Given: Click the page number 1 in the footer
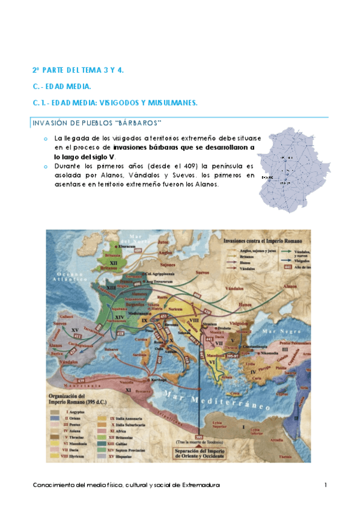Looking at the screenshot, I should (x=325, y=485).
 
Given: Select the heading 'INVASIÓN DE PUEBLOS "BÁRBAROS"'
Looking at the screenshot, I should (x=96, y=123).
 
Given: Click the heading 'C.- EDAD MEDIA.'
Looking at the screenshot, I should (x=61, y=87).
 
